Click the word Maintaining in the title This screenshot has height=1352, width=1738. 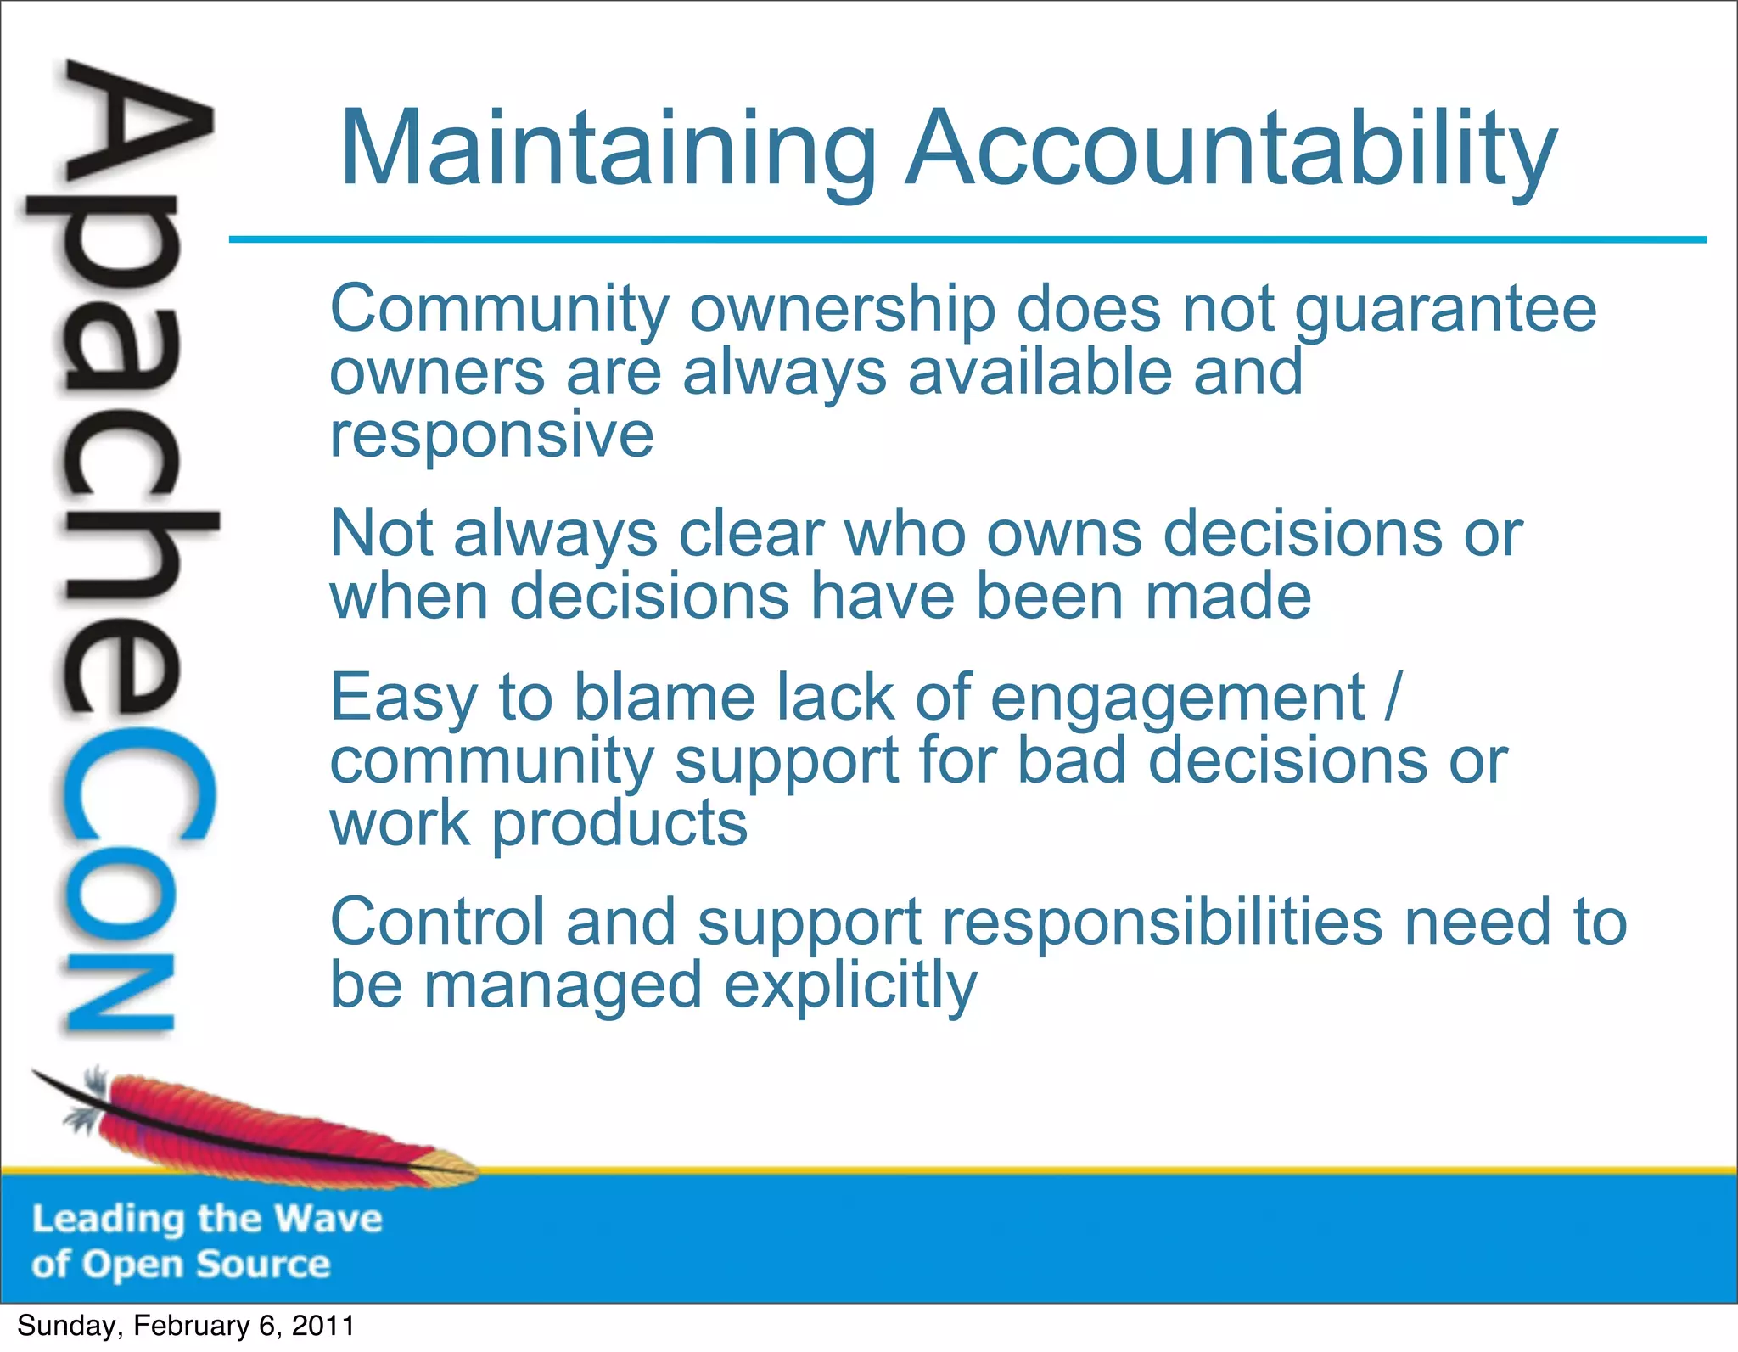pyautogui.click(x=608, y=149)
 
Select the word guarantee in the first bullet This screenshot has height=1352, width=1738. pyautogui.click(x=1445, y=311)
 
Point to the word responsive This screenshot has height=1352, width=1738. pyautogui.click(x=491, y=436)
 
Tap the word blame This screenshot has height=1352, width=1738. pyautogui.click(x=664, y=698)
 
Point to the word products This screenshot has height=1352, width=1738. pyautogui.click(x=620, y=824)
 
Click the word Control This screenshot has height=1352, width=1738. pyautogui.click(x=438, y=923)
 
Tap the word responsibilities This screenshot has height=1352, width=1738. pyautogui.click(x=1163, y=924)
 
